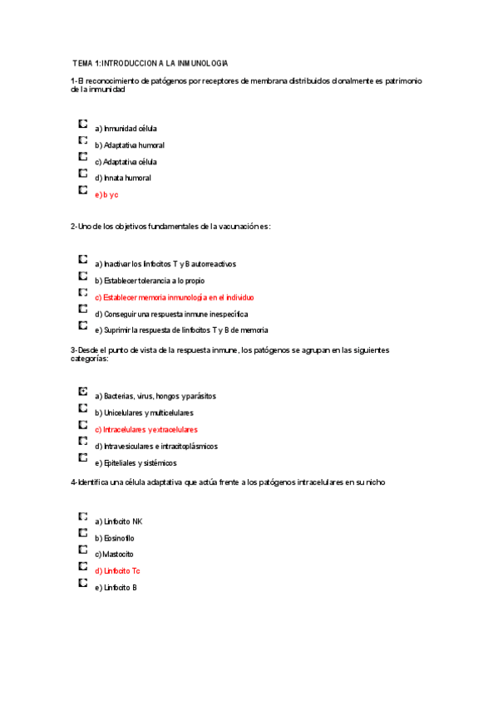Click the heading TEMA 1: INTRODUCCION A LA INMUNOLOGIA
click(150, 63)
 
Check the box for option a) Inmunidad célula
click(82, 123)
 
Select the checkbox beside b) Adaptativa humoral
click(82, 139)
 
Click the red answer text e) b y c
click(106, 194)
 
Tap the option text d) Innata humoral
click(122, 178)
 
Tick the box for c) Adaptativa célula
click(82, 156)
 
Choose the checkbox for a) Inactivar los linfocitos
click(82, 259)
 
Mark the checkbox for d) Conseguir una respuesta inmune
click(82, 309)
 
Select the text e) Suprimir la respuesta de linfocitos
click(180, 330)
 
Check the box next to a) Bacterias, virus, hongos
click(82, 390)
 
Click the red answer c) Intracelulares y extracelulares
click(145, 429)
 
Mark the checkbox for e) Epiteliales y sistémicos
click(82, 457)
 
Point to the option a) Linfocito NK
click(119, 521)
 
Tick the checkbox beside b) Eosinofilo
click(82, 532)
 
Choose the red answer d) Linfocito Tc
click(117, 570)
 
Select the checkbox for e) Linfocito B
click(82, 583)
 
